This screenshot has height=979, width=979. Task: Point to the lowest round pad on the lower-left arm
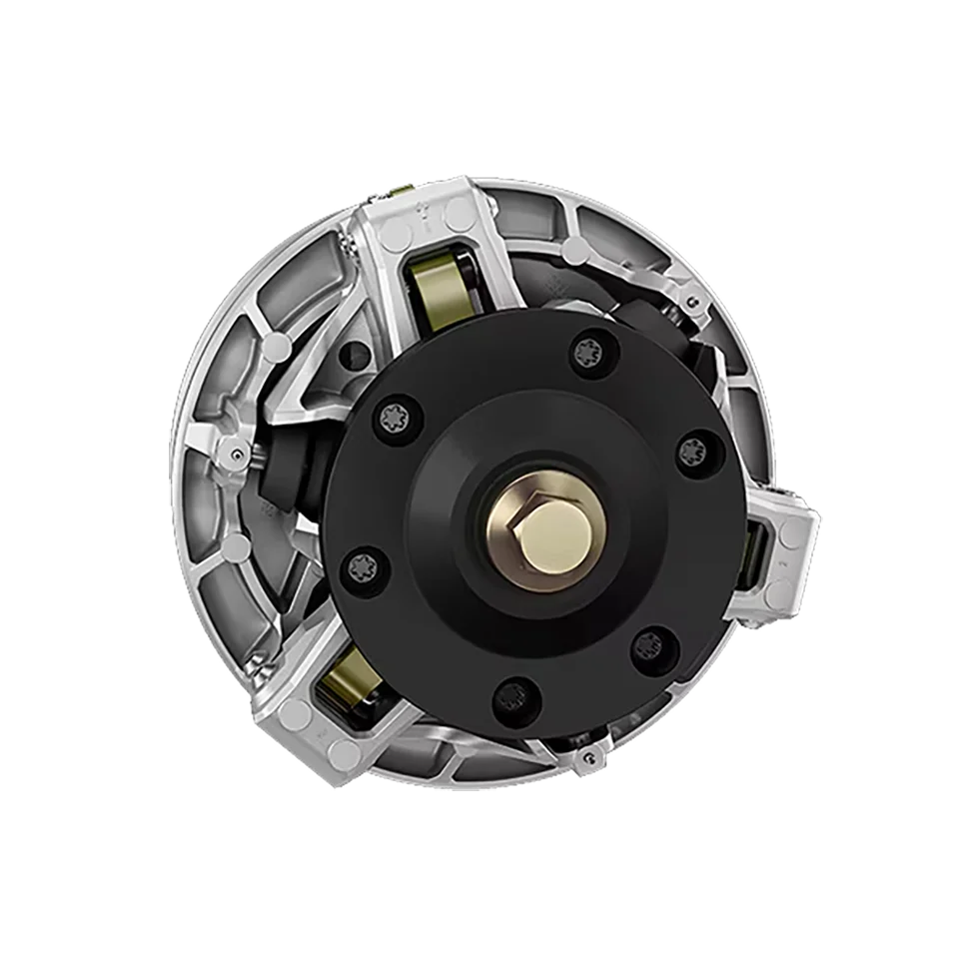pos(345,754)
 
